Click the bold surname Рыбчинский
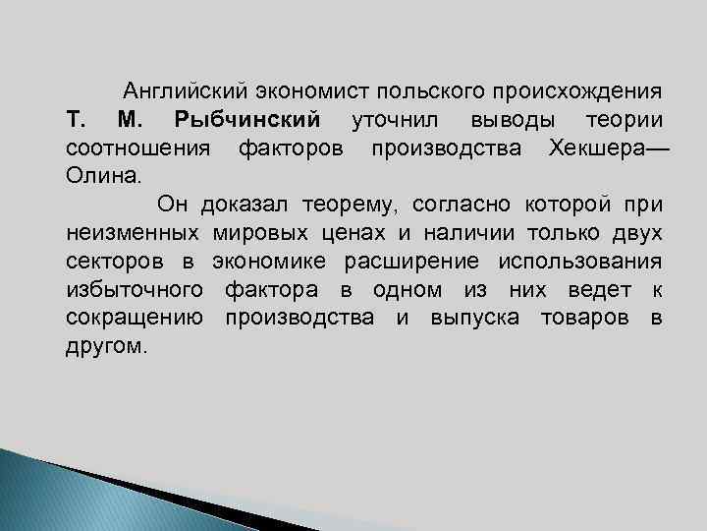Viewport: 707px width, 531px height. click(x=246, y=121)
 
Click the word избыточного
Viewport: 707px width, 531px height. click(x=135, y=291)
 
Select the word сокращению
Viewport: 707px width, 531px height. click(x=135, y=319)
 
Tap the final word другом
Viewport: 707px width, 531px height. click(x=106, y=347)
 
